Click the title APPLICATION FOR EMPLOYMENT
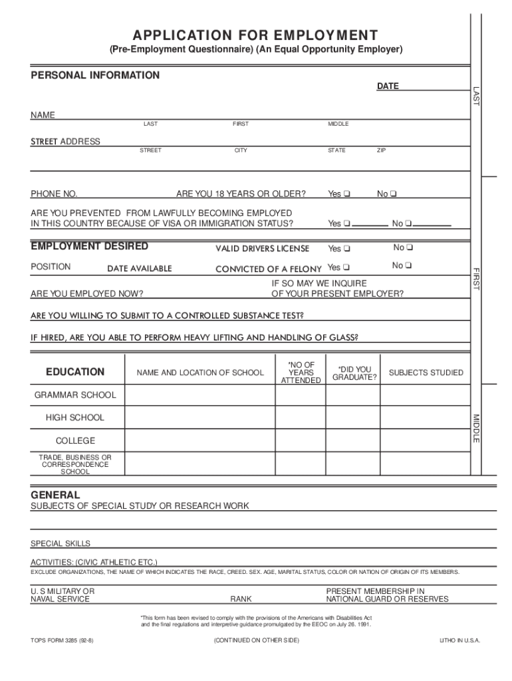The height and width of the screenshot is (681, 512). click(256, 35)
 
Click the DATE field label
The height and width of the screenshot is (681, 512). click(388, 86)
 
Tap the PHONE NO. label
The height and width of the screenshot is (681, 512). click(54, 194)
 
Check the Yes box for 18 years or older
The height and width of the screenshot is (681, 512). click(347, 194)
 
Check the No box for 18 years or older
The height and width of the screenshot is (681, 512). click(394, 194)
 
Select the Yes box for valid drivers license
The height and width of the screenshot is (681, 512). click(347, 249)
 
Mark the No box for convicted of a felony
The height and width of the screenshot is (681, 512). click(409, 266)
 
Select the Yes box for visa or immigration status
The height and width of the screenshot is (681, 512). click(347, 223)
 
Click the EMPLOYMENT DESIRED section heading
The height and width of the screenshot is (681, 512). click(90, 247)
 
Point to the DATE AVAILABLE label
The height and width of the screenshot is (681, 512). click(140, 269)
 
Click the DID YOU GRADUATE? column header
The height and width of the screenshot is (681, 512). click(354, 373)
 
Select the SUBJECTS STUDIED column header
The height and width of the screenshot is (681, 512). click(426, 372)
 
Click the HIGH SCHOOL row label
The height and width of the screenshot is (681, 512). click(74, 418)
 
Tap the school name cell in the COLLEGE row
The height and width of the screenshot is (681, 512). click(199, 441)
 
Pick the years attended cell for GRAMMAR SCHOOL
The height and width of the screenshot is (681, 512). click(300, 395)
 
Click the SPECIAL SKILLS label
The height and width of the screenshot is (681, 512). click(61, 543)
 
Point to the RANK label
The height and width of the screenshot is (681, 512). click(241, 599)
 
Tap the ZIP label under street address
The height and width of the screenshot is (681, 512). click(381, 151)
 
